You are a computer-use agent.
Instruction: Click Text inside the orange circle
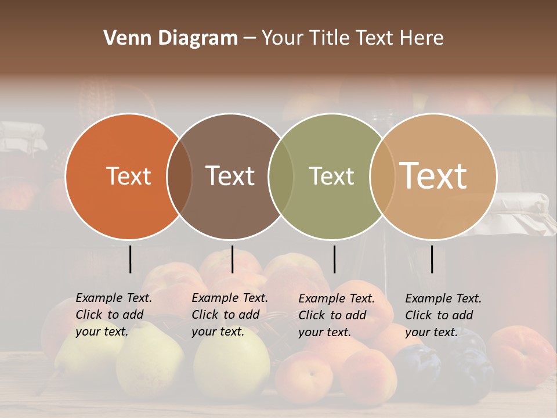pos(128,176)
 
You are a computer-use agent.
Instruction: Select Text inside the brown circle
pos(230,176)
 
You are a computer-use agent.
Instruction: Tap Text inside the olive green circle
pos(331,176)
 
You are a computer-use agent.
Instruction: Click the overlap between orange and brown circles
pos(179,176)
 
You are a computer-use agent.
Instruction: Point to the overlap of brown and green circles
pos(281,176)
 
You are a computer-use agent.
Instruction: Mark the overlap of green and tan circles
pos(381,176)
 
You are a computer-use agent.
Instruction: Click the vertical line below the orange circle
pos(131,259)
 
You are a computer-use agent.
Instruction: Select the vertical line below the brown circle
pos(232,259)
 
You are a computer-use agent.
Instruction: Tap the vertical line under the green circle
pos(334,259)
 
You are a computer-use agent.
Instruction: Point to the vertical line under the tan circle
pos(432,259)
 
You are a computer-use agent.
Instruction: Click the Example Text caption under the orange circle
pos(113,315)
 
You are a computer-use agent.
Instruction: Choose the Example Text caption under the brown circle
pos(229,315)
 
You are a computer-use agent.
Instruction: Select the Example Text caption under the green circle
pos(336,315)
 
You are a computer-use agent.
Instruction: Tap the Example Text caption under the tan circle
pos(443,315)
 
